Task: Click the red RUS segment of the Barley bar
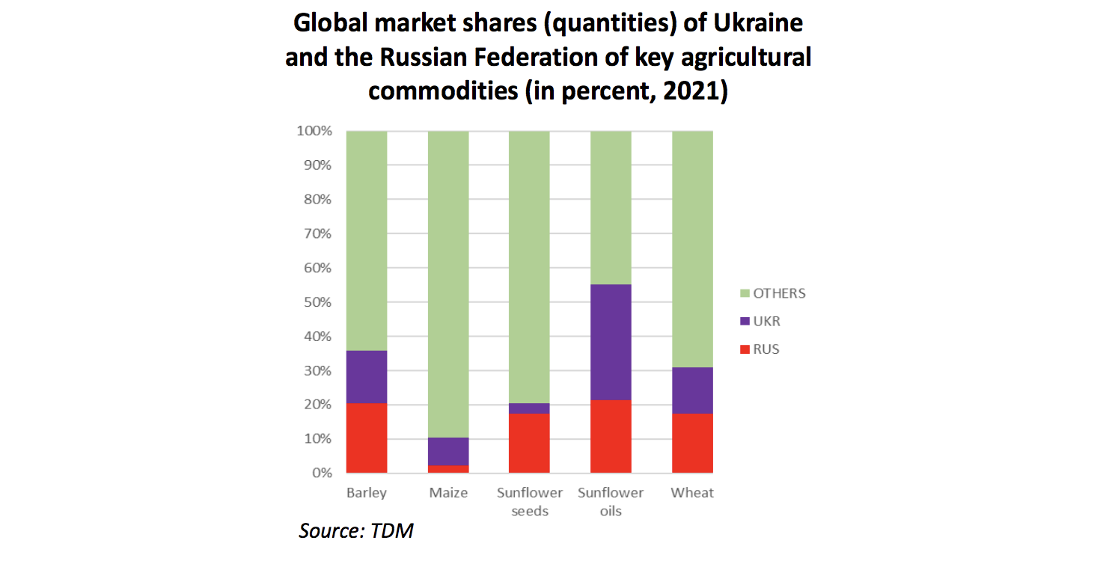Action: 367,438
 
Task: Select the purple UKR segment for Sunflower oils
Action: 611,342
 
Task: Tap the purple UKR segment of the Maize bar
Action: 448,451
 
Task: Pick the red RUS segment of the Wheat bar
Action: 692,443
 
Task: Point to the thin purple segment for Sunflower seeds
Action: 529,408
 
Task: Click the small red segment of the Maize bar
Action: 448,469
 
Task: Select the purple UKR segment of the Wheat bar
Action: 692,390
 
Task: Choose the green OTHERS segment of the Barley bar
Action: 367,240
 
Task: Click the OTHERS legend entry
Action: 778,293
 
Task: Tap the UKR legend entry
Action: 766,322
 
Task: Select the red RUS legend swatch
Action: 745,350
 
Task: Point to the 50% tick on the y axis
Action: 317,302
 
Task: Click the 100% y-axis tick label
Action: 314,132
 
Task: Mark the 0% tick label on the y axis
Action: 321,473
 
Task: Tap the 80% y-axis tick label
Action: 317,200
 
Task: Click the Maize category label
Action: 448,493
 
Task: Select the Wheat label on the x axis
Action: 692,493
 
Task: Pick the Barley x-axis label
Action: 367,493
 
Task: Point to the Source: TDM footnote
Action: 356,531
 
